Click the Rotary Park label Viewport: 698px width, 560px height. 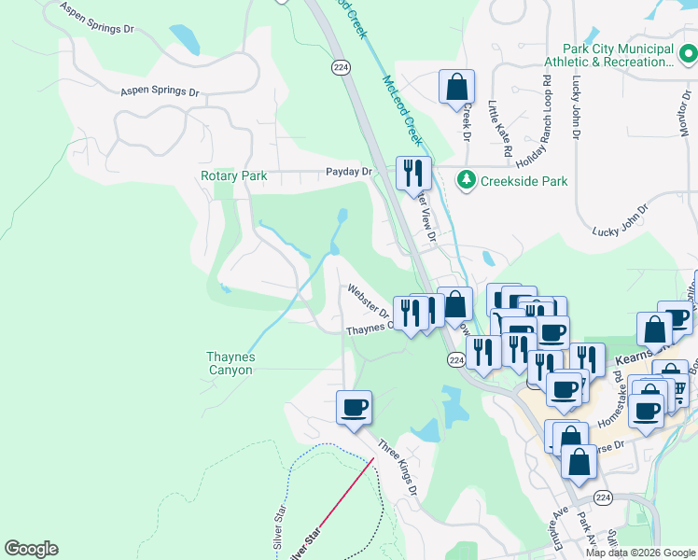[x=233, y=175]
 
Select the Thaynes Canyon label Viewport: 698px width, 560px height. [x=230, y=363]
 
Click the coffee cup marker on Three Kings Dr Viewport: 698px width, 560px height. [x=354, y=407]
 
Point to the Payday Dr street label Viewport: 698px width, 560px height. [x=349, y=172]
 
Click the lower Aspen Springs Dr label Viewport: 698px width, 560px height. [x=161, y=92]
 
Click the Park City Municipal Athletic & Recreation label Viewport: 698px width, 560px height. [x=618, y=56]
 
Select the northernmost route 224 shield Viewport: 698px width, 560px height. [x=339, y=67]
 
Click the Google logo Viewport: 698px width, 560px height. [x=31, y=549]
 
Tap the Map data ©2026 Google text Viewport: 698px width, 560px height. [x=639, y=553]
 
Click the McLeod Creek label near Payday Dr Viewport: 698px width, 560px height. [x=402, y=110]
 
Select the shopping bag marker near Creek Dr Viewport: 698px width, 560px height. [x=456, y=87]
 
